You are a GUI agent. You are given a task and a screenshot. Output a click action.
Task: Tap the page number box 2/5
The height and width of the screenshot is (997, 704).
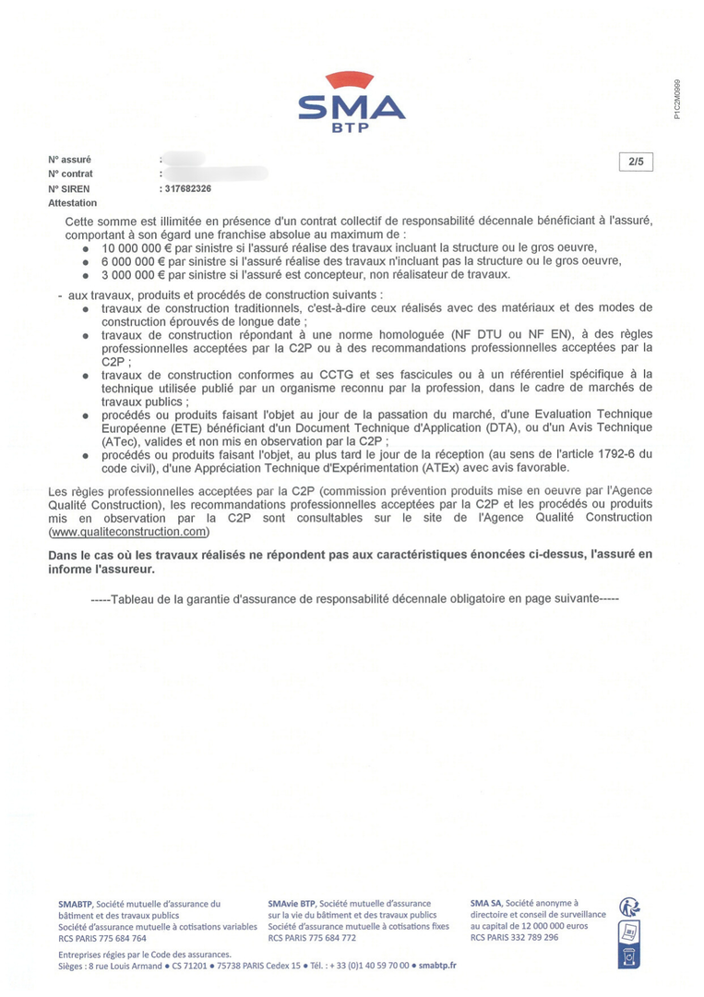pos(636,162)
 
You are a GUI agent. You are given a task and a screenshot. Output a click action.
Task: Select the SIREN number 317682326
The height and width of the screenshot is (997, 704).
pos(187,188)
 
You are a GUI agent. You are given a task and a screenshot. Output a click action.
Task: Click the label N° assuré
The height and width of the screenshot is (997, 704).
pos(69,160)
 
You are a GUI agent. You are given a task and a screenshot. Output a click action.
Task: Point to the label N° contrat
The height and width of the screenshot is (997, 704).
pos(70,174)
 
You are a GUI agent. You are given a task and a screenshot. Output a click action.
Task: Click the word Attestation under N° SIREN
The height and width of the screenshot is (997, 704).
pos(72,202)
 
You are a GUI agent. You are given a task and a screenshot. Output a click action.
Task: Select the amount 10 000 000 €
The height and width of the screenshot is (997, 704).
pos(133,247)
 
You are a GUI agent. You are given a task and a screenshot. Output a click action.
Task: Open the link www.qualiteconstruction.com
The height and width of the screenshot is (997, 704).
pos(129,532)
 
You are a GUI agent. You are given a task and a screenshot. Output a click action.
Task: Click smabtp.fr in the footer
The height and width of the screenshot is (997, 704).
pos(437,965)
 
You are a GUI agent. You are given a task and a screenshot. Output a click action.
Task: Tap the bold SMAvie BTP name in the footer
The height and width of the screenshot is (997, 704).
pos(292,903)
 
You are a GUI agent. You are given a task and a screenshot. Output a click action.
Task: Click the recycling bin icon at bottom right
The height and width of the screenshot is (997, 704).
pos(630,957)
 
